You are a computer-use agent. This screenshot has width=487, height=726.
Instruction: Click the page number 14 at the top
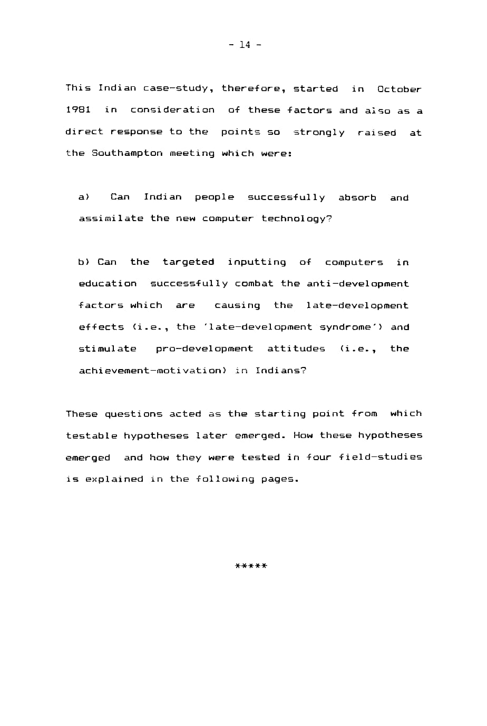(x=245, y=45)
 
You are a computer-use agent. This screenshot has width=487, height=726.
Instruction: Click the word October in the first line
(x=399, y=89)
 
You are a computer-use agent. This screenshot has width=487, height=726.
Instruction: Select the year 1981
(x=78, y=110)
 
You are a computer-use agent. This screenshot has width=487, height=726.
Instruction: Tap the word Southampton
(x=127, y=153)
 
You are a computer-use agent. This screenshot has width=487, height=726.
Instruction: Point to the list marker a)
(x=84, y=197)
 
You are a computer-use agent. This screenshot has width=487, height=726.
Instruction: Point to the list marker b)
(x=84, y=262)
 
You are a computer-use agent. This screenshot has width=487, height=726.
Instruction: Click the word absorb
(x=357, y=197)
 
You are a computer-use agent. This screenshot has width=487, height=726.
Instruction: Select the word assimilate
(x=111, y=218)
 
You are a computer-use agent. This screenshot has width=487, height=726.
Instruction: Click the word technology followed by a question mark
(x=296, y=218)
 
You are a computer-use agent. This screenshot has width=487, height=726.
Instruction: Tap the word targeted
(x=188, y=262)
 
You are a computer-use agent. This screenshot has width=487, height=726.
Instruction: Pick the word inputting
(x=257, y=262)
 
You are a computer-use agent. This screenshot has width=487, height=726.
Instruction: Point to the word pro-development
(x=204, y=349)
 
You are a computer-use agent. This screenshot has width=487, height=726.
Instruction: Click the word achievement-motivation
(x=152, y=371)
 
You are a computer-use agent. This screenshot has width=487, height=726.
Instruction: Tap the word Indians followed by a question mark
(x=280, y=371)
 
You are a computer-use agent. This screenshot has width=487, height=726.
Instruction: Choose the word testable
(x=91, y=435)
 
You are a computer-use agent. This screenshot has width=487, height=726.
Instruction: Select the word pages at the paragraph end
(x=279, y=479)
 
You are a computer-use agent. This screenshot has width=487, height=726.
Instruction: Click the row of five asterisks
(x=251, y=566)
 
